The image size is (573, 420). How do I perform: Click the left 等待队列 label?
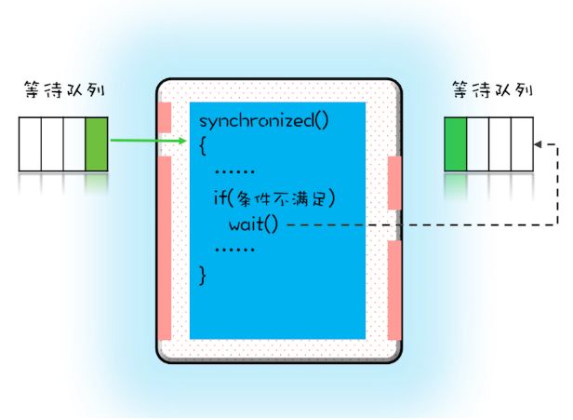tap(62, 92)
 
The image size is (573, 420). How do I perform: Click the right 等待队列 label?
tap(491, 92)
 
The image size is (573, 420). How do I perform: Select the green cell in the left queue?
tap(96, 144)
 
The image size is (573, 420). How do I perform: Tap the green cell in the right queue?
tap(455, 144)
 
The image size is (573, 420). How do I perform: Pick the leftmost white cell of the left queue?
tap(30, 144)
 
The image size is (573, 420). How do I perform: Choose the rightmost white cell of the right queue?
tap(520, 144)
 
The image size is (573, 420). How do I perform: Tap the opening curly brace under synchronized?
tap(203, 146)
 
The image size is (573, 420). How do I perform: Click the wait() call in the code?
tap(253, 224)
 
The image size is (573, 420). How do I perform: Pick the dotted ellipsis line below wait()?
tap(234, 250)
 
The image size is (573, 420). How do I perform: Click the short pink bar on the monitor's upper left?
tap(165, 117)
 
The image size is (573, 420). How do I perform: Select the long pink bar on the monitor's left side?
tap(165, 247)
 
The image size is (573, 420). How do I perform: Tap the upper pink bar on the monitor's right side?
tap(394, 183)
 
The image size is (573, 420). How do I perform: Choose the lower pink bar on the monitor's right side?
tap(394, 289)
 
